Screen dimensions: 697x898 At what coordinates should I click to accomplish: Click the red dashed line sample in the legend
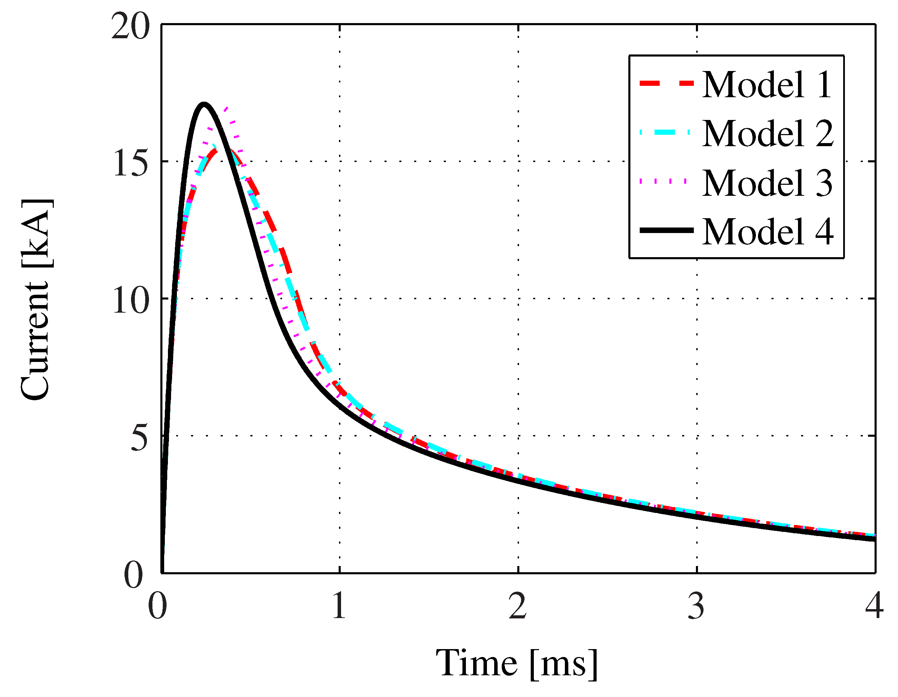coord(667,83)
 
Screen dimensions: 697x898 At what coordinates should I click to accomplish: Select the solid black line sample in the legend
coord(667,231)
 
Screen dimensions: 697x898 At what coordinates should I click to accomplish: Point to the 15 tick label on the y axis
coord(130,163)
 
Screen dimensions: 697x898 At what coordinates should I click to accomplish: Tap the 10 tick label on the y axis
coord(130,301)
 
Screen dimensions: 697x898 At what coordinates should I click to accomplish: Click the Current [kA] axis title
coord(36,299)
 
